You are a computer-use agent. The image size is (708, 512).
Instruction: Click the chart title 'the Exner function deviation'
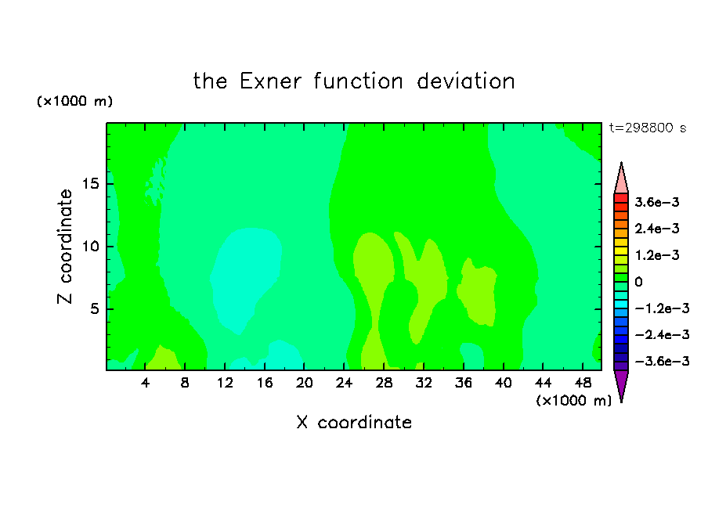tap(354, 81)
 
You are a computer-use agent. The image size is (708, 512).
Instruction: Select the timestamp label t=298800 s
tap(648, 128)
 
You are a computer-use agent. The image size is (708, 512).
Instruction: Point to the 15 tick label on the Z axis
tap(91, 184)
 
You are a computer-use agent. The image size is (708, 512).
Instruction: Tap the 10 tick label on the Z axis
tap(91, 247)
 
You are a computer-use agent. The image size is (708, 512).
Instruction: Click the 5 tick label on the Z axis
tap(95, 308)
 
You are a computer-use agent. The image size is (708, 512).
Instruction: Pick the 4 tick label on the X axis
tap(145, 383)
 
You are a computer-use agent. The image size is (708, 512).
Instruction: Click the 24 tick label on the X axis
tap(344, 383)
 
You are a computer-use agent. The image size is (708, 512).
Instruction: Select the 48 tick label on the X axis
tap(583, 383)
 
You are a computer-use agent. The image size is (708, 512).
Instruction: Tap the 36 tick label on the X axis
tap(464, 383)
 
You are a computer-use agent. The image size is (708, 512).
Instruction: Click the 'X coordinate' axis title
tap(354, 422)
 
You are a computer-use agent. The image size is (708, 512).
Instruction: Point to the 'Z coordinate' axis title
tap(64, 247)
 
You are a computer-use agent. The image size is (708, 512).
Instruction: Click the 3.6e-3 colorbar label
tap(657, 202)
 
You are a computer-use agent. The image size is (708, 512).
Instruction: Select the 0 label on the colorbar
tap(638, 282)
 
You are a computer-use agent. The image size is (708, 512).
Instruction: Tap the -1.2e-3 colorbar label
tap(662, 308)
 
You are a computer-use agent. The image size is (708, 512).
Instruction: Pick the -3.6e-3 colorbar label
tap(662, 361)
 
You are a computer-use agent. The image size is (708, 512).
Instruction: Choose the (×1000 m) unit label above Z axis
tap(74, 101)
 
